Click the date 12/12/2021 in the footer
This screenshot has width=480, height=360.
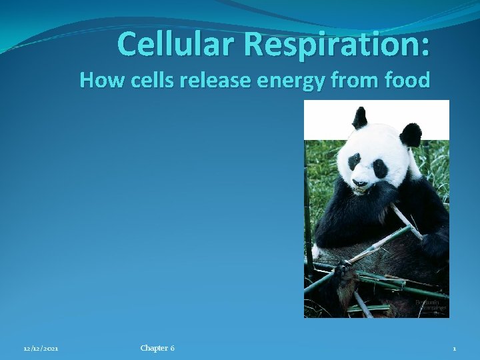tap(41, 349)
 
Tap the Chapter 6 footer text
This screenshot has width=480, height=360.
tap(157, 348)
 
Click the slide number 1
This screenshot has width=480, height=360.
tap(454, 349)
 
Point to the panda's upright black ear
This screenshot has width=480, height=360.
tap(360, 119)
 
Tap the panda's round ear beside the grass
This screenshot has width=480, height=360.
tap(410, 135)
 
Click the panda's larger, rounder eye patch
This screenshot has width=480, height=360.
tap(380, 168)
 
